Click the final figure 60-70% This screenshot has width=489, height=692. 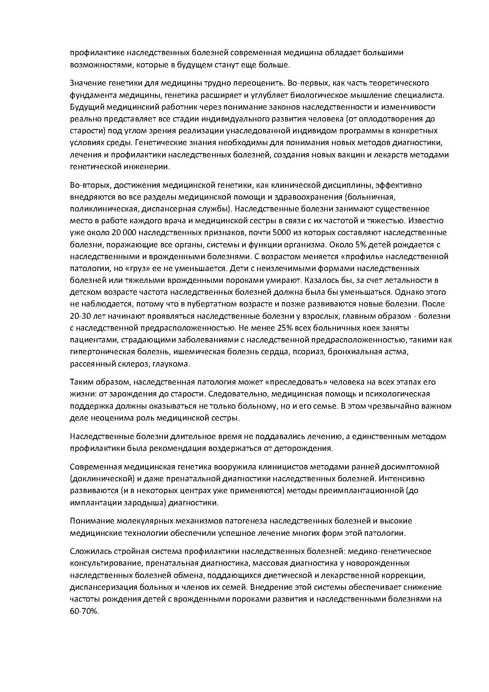pos(84,611)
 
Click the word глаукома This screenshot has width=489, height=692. pos(172,364)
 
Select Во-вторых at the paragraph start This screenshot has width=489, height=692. pos(89,185)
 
